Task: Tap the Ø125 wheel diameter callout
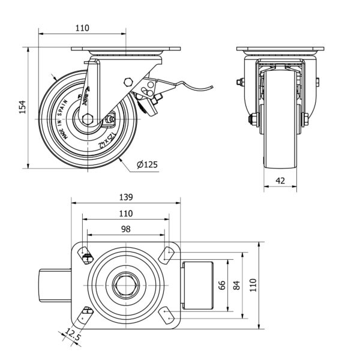(x=147, y=164)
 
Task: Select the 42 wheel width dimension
(x=280, y=180)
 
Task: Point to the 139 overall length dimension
(x=125, y=196)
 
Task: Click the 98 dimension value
(x=125, y=229)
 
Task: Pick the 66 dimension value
(x=222, y=286)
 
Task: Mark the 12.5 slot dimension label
(x=72, y=337)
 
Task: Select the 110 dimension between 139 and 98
(x=125, y=213)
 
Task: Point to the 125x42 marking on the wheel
(x=108, y=140)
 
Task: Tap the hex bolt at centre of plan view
(x=126, y=286)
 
